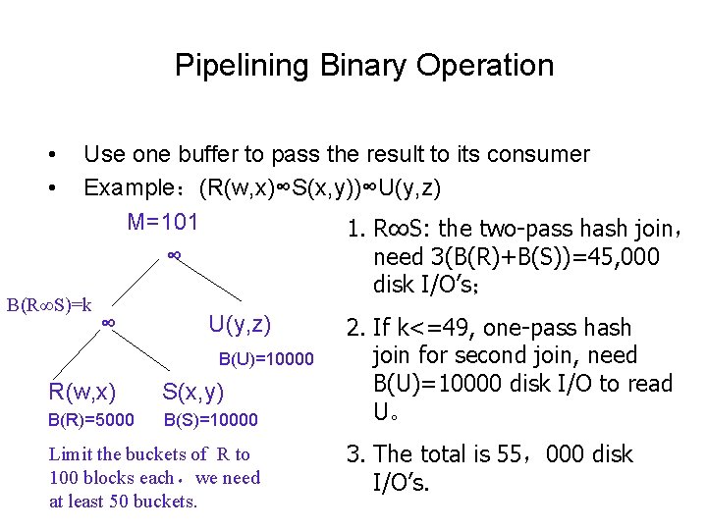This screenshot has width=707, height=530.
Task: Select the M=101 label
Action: click(163, 222)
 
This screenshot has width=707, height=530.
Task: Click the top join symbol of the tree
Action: click(173, 255)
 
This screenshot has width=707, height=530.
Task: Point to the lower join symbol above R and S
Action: click(111, 323)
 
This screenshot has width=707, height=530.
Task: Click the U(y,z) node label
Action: click(240, 324)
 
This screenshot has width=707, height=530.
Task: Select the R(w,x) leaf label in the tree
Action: click(82, 393)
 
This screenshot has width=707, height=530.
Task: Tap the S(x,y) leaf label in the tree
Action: click(193, 393)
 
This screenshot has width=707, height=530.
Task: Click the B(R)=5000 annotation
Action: click(88, 420)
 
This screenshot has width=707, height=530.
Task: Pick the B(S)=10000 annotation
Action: click(210, 420)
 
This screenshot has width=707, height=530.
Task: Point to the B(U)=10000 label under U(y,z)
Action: click(265, 358)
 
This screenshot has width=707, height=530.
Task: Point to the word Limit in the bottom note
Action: click(69, 454)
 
